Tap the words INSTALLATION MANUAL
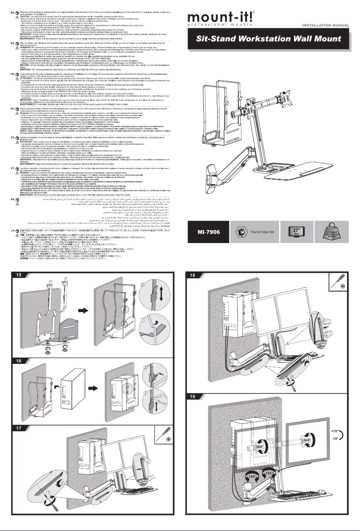tap(329, 27)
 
